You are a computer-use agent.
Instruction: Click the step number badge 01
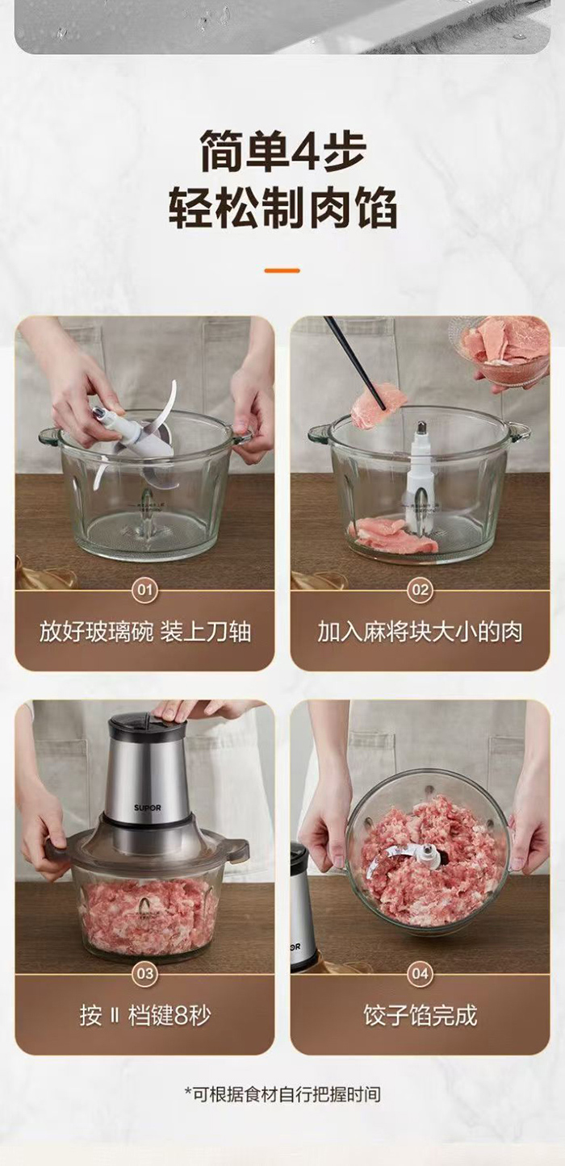tap(144, 590)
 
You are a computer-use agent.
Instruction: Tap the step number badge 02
tap(420, 590)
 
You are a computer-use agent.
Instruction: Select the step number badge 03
tap(144, 973)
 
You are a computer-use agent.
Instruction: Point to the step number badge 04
tap(420, 973)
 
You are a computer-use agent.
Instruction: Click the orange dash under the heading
tap(282, 270)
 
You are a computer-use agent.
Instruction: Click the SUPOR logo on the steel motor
tap(148, 808)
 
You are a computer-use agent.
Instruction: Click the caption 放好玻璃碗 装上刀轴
tap(144, 632)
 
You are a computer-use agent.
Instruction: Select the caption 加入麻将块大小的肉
tap(420, 632)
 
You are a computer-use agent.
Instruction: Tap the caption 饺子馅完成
tap(420, 1016)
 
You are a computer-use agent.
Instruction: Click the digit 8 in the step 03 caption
tap(181, 1016)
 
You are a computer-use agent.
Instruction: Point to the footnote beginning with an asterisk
tap(282, 1095)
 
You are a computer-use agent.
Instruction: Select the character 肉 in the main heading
tap(328, 209)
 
